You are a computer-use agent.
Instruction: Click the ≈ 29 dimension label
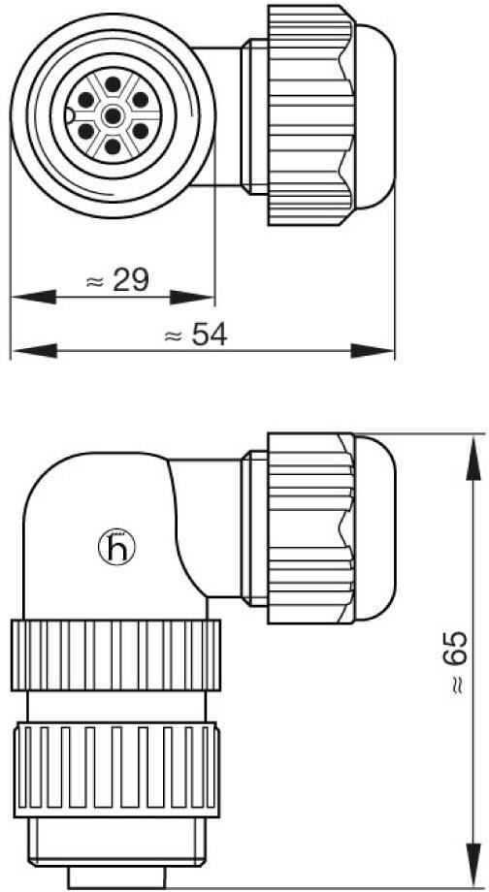point(116,281)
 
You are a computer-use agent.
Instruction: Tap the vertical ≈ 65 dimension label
point(458,663)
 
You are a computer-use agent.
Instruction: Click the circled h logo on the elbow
point(118,550)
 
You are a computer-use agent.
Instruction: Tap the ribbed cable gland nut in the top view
point(309,114)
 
